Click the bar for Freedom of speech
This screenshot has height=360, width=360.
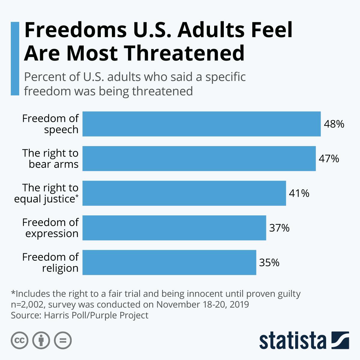click(x=201, y=124)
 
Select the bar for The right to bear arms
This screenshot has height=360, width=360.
click(x=199, y=158)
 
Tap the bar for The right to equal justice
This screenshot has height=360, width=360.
click(x=184, y=193)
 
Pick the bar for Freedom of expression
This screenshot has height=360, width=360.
click(x=174, y=228)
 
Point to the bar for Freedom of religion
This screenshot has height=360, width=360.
click(x=169, y=262)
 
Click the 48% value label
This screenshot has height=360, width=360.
click(x=334, y=124)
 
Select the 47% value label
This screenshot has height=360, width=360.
click(x=329, y=159)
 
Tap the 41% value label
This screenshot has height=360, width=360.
click(x=299, y=193)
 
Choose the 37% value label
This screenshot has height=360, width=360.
click(x=279, y=228)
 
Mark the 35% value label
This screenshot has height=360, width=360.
click(x=269, y=263)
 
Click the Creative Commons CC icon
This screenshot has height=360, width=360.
click(x=19, y=340)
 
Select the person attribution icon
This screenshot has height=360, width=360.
click(x=41, y=340)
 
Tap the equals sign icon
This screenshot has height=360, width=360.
click(x=63, y=340)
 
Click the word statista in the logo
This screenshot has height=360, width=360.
click(x=293, y=340)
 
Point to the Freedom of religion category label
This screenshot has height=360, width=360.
click(x=50, y=262)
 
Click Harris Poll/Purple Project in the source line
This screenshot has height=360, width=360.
click(x=96, y=315)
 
